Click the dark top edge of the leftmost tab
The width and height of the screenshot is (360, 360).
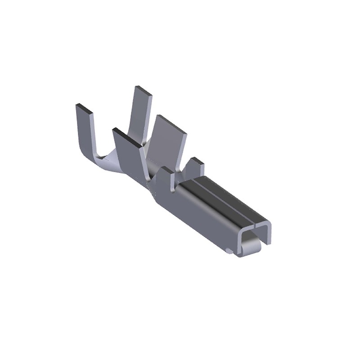click(83, 108)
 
